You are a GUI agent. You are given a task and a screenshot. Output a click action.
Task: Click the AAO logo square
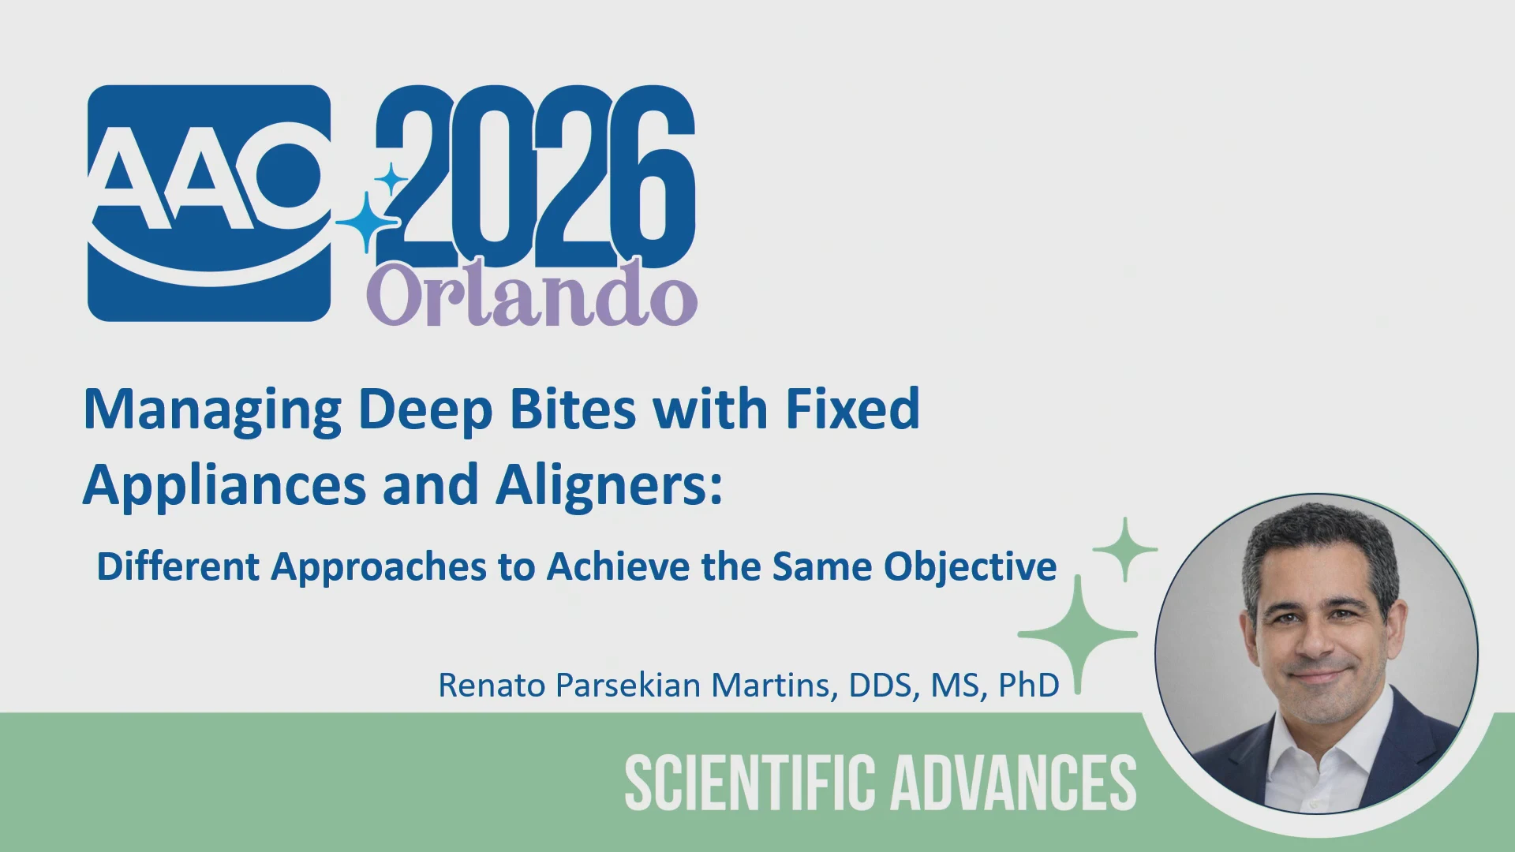coord(209,204)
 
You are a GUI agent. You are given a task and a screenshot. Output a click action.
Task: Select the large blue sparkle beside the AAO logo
coord(368,222)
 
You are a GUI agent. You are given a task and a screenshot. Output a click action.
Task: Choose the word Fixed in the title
coord(853,409)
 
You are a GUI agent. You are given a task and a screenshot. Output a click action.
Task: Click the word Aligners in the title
coord(609,486)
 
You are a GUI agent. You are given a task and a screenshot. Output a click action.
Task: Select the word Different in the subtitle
coord(178,566)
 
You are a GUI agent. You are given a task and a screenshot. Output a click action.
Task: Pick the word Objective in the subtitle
coord(970,568)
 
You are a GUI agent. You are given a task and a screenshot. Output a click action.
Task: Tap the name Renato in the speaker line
coord(492,686)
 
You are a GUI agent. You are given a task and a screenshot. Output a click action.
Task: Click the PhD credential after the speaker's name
coord(1028,686)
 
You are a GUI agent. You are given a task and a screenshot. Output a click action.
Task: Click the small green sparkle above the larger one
coord(1125,549)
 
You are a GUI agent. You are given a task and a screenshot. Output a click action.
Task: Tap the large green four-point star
coord(1078,634)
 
